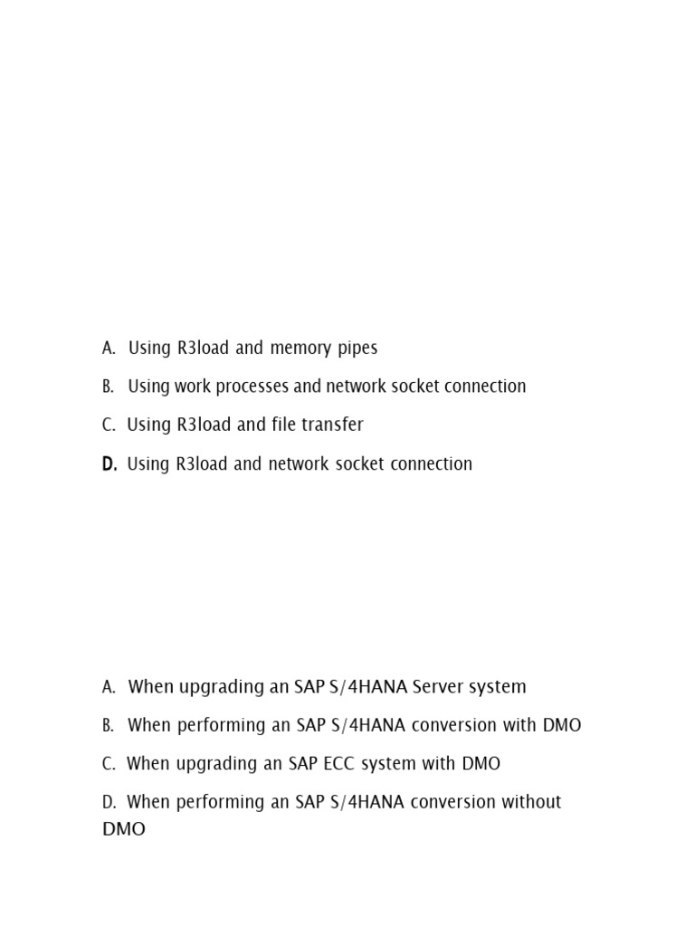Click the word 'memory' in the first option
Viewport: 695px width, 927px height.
point(300,349)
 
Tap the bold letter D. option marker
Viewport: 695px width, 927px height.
point(109,464)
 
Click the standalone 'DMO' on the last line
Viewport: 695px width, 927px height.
point(124,830)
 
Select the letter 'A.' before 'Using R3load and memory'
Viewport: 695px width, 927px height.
point(109,349)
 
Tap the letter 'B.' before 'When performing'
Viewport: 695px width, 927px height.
point(109,725)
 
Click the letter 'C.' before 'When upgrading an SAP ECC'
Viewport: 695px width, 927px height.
point(109,764)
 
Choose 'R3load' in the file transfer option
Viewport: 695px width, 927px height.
point(203,425)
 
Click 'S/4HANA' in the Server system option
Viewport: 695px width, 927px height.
point(364,687)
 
